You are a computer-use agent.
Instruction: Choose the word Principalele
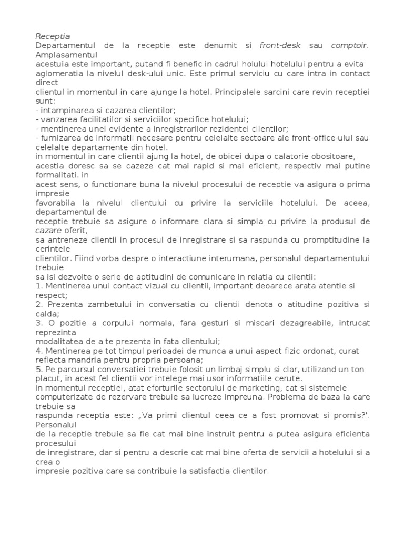[240, 92]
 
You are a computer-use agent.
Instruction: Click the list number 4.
[38, 350]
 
